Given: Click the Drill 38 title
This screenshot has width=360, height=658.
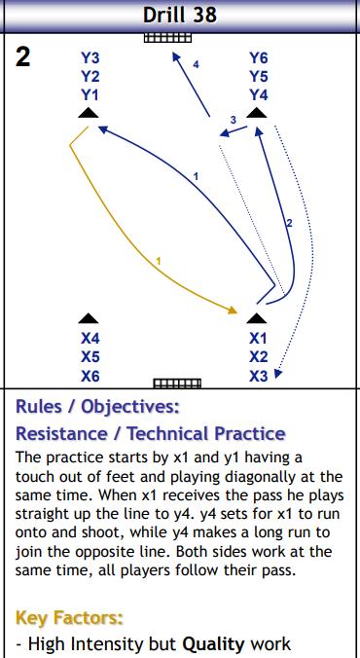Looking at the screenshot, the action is click(x=179, y=15).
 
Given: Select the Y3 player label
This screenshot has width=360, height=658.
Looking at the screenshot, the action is click(x=90, y=57).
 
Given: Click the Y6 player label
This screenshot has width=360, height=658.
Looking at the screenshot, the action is click(x=258, y=57).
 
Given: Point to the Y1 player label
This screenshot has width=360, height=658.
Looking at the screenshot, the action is click(x=90, y=94).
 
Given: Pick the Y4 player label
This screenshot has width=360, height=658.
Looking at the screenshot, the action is click(x=258, y=94).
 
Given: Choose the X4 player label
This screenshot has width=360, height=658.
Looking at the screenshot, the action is click(x=90, y=338).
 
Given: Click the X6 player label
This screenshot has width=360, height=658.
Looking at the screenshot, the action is click(x=90, y=376).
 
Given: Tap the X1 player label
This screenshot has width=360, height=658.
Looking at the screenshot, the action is click(x=258, y=338).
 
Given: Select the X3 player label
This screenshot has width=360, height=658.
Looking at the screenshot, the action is click(x=258, y=376).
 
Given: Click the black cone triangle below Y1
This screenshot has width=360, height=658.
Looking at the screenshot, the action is click(x=89, y=114).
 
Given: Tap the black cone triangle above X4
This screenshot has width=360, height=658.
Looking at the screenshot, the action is click(x=89, y=318).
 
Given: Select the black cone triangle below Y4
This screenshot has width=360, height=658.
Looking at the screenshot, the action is click(x=257, y=114).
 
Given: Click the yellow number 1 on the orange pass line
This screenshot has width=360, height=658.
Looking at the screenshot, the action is click(x=158, y=260).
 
